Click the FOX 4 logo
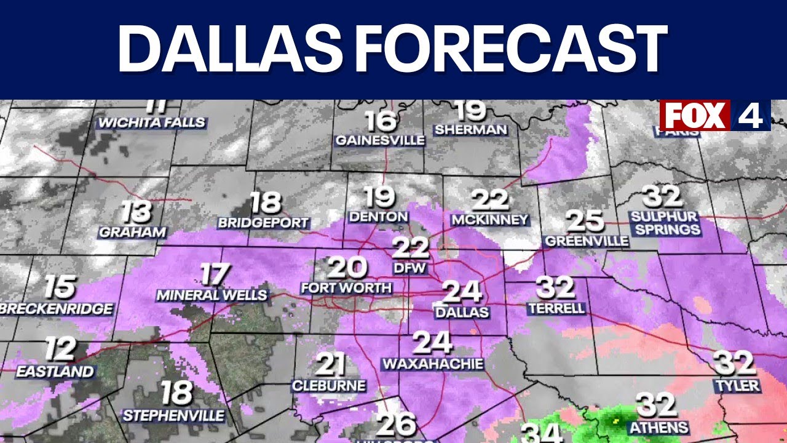(x=714, y=115)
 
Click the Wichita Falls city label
(x=152, y=123)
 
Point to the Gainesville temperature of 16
(x=380, y=121)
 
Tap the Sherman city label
(x=470, y=130)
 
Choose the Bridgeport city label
(x=263, y=223)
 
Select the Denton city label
(x=378, y=217)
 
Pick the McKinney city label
(x=489, y=220)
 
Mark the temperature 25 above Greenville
(x=584, y=221)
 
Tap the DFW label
(x=410, y=268)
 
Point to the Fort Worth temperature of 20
(x=347, y=268)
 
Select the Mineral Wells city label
(x=212, y=295)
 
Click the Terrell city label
(x=556, y=308)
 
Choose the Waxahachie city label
(x=433, y=364)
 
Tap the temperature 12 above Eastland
(x=60, y=349)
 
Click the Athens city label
(x=657, y=427)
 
